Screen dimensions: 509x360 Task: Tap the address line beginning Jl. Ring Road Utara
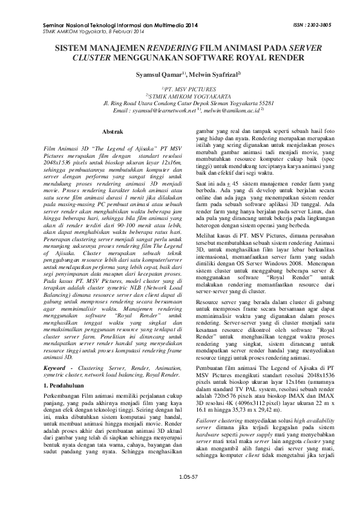point(180,103)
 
